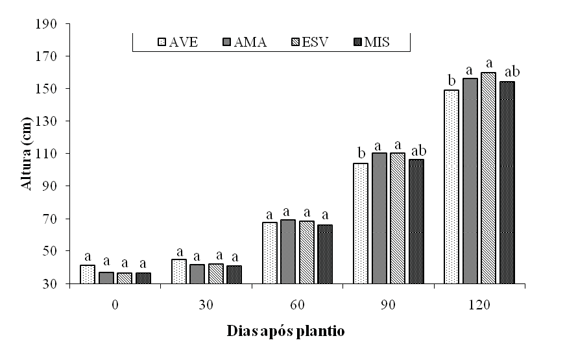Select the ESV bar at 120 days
[x=488, y=178]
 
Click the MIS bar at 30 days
[x=234, y=275]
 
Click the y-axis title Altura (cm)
[x=27, y=154]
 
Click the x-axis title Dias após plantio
[x=285, y=331]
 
